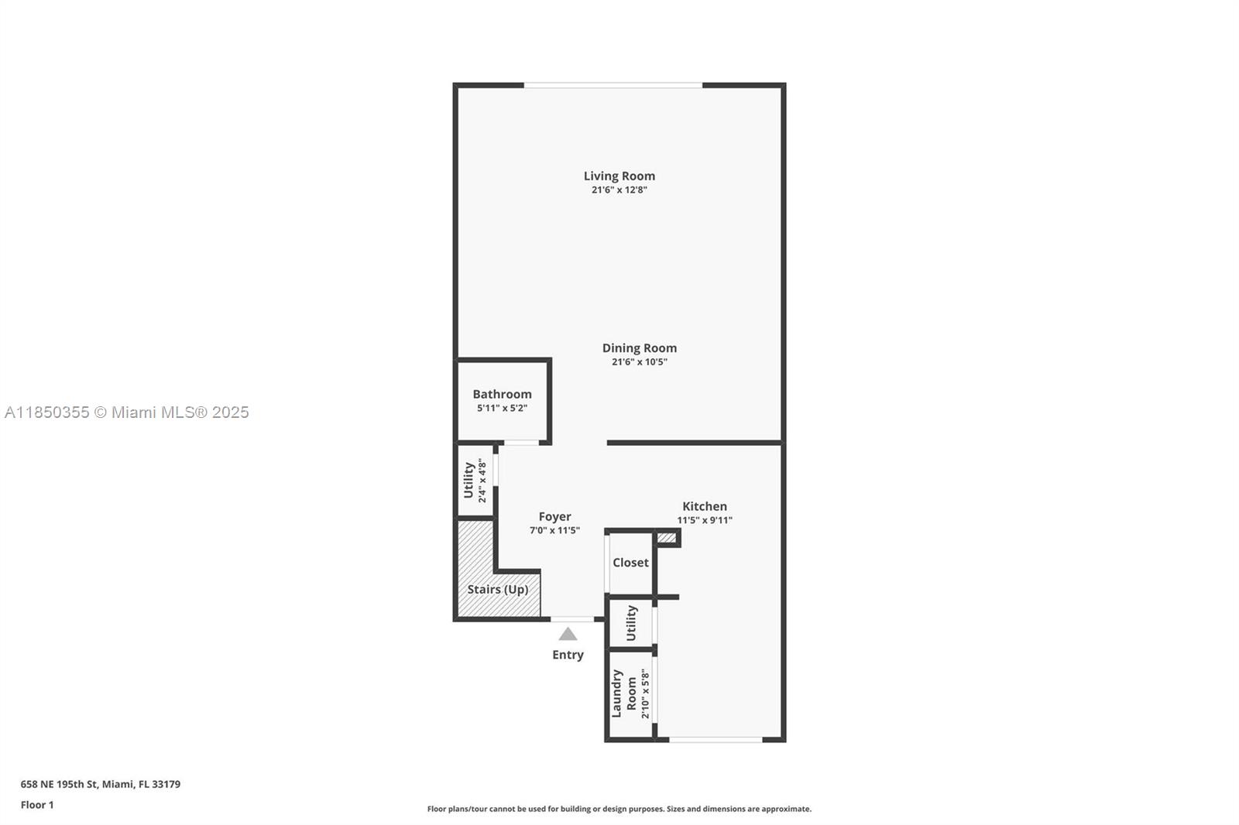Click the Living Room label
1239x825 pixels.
point(619,176)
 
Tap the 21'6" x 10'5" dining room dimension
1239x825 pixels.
point(640,362)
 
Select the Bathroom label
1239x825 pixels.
point(502,394)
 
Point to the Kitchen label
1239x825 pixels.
point(704,506)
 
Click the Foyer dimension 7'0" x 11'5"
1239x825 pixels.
point(554,530)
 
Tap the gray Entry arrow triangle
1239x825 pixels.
point(568,634)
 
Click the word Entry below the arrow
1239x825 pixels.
point(568,655)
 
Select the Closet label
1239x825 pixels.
point(630,563)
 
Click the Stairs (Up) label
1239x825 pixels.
point(498,590)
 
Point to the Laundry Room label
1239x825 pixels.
point(624,694)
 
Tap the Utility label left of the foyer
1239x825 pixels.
point(468,480)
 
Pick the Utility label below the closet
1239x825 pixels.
point(631,623)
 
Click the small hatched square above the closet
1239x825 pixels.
point(667,537)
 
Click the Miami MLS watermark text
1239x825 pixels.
point(127,412)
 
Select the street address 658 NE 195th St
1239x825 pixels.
point(59,784)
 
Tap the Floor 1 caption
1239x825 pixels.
point(37,805)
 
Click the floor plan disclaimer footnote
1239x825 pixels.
point(619,809)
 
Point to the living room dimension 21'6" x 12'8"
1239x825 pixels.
point(619,190)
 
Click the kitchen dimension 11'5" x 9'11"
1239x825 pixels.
point(704,520)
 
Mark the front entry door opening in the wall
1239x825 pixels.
point(572,619)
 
